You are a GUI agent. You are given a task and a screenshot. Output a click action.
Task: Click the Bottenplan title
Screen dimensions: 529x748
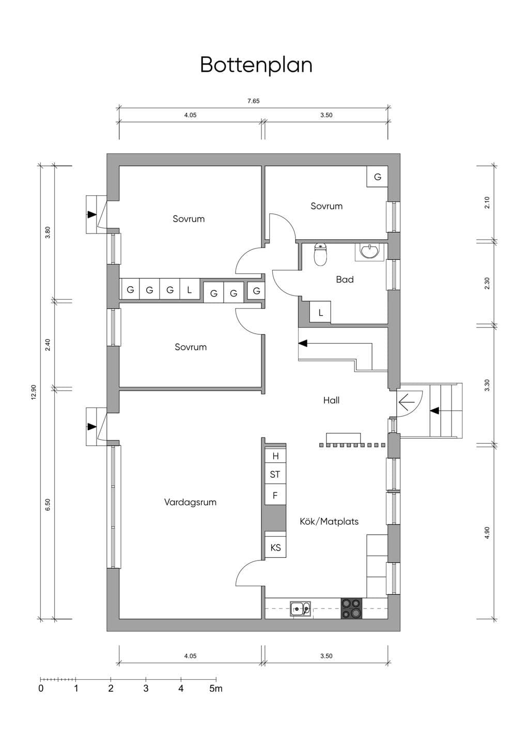click(256, 65)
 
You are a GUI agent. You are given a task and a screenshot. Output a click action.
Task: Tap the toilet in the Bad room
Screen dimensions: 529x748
click(321, 255)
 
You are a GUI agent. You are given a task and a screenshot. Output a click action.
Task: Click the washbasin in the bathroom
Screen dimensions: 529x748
click(369, 252)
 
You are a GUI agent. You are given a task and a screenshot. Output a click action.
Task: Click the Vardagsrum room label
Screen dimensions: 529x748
click(190, 502)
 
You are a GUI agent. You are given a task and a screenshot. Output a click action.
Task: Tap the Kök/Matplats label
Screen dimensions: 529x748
click(329, 521)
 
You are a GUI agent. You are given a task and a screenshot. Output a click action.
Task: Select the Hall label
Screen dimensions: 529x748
click(331, 400)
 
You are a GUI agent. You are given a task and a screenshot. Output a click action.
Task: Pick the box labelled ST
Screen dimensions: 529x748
click(275, 474)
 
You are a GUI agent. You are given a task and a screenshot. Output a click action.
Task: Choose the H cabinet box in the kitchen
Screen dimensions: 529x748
click(275, 456)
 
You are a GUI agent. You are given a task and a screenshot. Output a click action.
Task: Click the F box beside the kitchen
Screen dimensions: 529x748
click(275, 495)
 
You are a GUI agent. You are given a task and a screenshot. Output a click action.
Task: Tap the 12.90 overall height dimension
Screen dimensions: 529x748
click(34, 393)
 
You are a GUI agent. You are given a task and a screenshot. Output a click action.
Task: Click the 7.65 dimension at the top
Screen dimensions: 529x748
click(254, 101)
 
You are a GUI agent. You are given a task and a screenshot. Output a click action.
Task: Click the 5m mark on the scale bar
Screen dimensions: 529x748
click(216, 688)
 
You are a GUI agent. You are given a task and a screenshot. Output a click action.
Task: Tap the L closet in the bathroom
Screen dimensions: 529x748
click(320, 312)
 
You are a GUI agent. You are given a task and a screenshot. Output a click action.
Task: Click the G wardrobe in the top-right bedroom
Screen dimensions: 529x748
click(378, 177)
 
